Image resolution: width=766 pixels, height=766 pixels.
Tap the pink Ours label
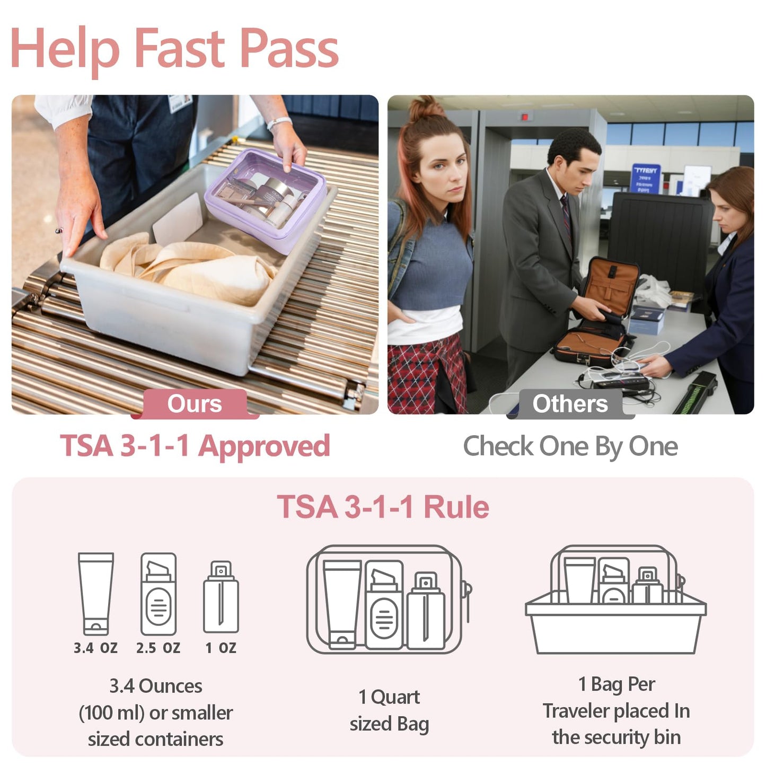click(x=195, y=404)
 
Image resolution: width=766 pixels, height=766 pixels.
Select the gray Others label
click(x=570, y=404)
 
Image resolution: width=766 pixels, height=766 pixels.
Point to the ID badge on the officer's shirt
click(x=180, y=103)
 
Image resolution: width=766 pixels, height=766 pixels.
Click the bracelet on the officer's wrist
click(x=279, y=123)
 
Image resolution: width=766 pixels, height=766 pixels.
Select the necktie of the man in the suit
click(x=566, y=212)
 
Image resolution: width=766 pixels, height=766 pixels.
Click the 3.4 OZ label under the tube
click(x=95, y=648)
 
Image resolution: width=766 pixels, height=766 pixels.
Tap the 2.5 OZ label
click(x=158, y=648)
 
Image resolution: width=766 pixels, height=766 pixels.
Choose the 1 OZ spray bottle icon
click(x=221, y=597)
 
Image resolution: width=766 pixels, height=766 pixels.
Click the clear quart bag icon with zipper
click(x=387, y=599)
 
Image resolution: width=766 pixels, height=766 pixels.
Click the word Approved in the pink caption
click(x=264, y=446)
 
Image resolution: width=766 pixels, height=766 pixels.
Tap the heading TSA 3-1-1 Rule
click(x=383, y=507)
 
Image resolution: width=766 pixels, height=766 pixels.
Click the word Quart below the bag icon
click(x=395, y=697)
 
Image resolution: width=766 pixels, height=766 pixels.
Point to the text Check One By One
click(x=570, y=446)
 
